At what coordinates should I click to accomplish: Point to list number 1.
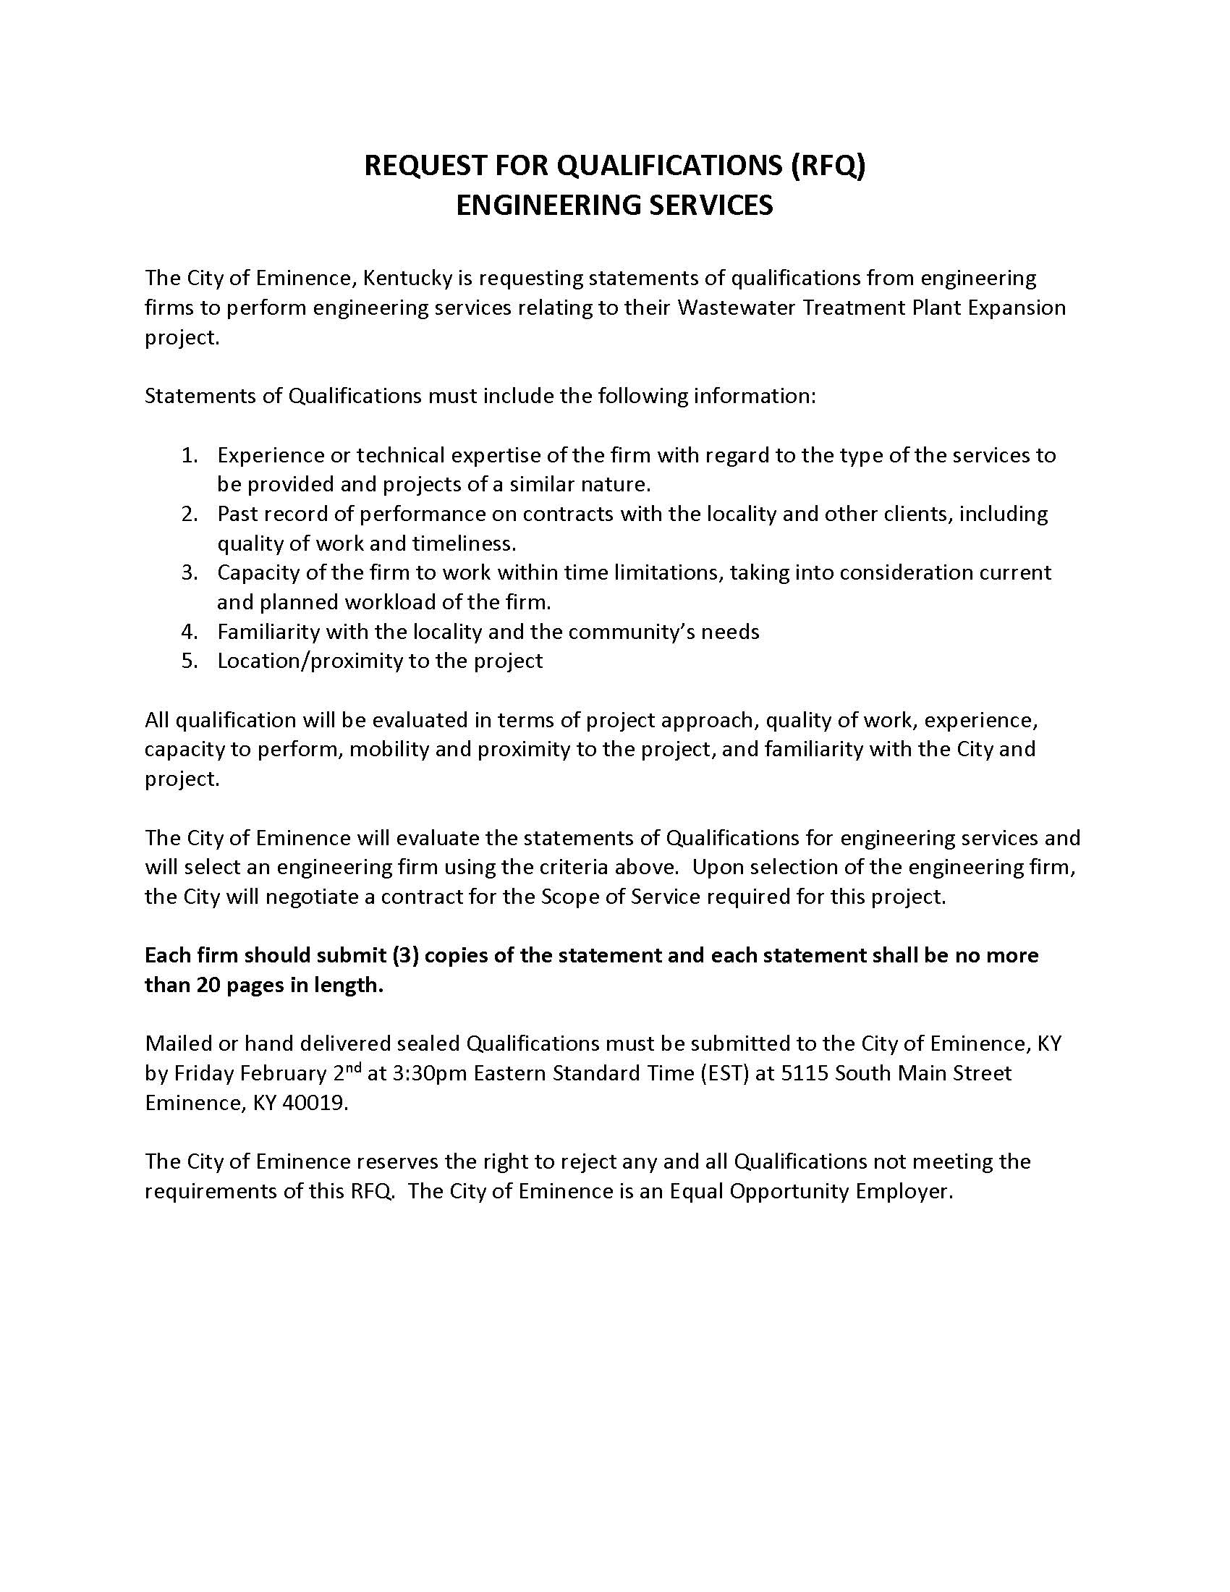tap(190, 455)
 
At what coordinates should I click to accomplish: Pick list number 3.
tap(190, 572)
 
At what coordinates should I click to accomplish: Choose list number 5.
tap(190, 661)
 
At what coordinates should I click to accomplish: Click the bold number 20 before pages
tap(209, 985)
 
